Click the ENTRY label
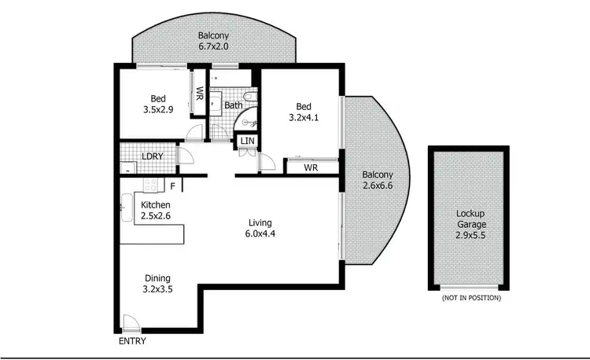[132, 341]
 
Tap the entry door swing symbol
[129, 323]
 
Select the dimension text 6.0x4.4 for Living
[260, 233]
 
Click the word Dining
[157, 278]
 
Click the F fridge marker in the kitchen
[172, 186]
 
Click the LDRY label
[153, 156]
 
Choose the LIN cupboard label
[247, 141]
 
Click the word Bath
[234, 105]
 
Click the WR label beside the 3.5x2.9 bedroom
[200, 95]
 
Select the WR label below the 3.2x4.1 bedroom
[310, 168]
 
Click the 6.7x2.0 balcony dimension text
[213, 47]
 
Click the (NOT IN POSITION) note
[471, 299]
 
